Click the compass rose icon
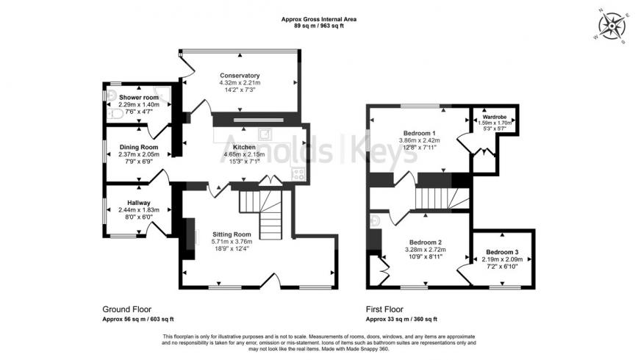point(612,26)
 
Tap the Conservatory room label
point(240,75)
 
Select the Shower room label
point(139,97)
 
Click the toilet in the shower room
point(115,115)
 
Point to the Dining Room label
point(139,147)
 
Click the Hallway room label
point(139,203)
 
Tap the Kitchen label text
point(244,147)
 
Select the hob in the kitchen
point(298,174)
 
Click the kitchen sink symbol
point(265,134)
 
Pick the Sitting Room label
point(232,234)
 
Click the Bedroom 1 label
point(420,133)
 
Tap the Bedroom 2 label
point(426,242)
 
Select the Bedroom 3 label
point(502,252)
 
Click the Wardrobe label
point(495,117)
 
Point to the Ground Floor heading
point(126,309)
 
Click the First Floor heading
point(384,309)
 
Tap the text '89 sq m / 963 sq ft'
point(319,26)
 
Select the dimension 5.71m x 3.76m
point(232,241)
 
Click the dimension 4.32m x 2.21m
point(240,82)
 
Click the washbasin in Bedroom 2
point(375,220)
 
